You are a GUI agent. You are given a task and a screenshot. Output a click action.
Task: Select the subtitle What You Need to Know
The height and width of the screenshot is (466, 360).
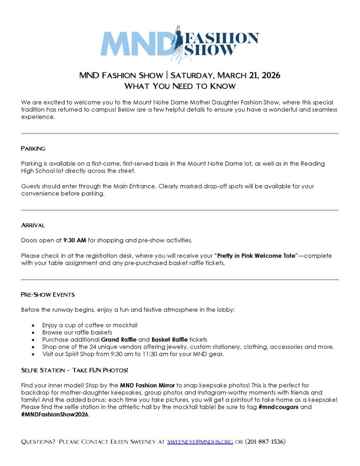pyautogui.click(x=180, y=86)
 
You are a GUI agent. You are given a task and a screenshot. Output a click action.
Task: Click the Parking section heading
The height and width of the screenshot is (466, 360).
pyautogui.click(x=33, y=148)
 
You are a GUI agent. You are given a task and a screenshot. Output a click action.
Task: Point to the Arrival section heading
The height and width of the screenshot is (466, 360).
pyautogui.click(x=33, y=225)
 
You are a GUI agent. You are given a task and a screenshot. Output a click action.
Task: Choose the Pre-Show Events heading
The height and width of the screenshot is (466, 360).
pyautogui.click(x=47, y=294)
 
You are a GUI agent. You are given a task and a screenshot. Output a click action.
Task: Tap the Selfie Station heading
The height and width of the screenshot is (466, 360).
pyautogui.click(x=74, y=370)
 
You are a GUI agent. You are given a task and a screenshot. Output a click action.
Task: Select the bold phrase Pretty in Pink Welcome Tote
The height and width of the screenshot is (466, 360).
pyautogui.click(x=256, y=256)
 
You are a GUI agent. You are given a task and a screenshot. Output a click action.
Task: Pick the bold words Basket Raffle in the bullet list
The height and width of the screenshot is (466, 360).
pyautogui.click(x=169, y=339)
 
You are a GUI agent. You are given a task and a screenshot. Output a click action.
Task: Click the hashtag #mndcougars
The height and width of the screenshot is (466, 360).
pyautogui.click(x=279, y=407)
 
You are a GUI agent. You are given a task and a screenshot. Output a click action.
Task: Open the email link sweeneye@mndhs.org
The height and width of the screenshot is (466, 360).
pyautogui.click(x=200, y=441)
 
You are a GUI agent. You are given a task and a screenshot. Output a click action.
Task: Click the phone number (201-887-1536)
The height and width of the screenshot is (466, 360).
pyautogui.click(x=265, y=441)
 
